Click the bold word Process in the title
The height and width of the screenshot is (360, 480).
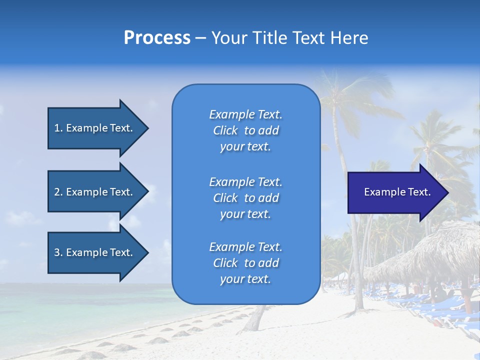click(x=157, y=38)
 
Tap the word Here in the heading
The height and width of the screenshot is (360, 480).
click(x=348, y=38)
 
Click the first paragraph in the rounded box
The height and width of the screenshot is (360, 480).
click(x=245, y=130)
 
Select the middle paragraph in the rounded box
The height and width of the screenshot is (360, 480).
click(x=245, y=198)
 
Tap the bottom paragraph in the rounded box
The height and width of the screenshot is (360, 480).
click(x=245, y=263)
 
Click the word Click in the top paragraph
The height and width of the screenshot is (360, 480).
click(x=225, y=130)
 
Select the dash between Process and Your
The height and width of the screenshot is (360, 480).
click(x=200, y=38)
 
